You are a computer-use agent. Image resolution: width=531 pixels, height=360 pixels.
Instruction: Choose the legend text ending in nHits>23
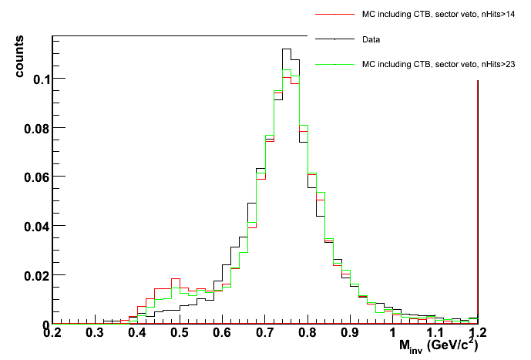click(440, 65)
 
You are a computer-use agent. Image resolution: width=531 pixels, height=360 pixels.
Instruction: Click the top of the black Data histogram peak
click(286, 49)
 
